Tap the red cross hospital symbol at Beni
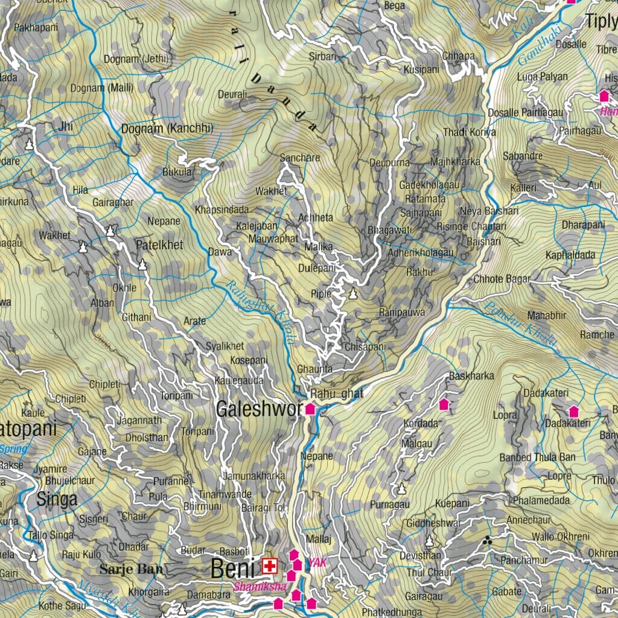click(269, 566)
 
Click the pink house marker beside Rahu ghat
click(310, 409)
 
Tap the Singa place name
click(57, 499)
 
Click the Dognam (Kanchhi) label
click(167, 129)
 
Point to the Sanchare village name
click(300, 158)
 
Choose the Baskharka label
click(471, 376)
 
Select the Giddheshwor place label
click(433, 523)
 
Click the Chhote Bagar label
click(502, 279)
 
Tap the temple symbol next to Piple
click(353, 293)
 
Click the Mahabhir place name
click(546, 315)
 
